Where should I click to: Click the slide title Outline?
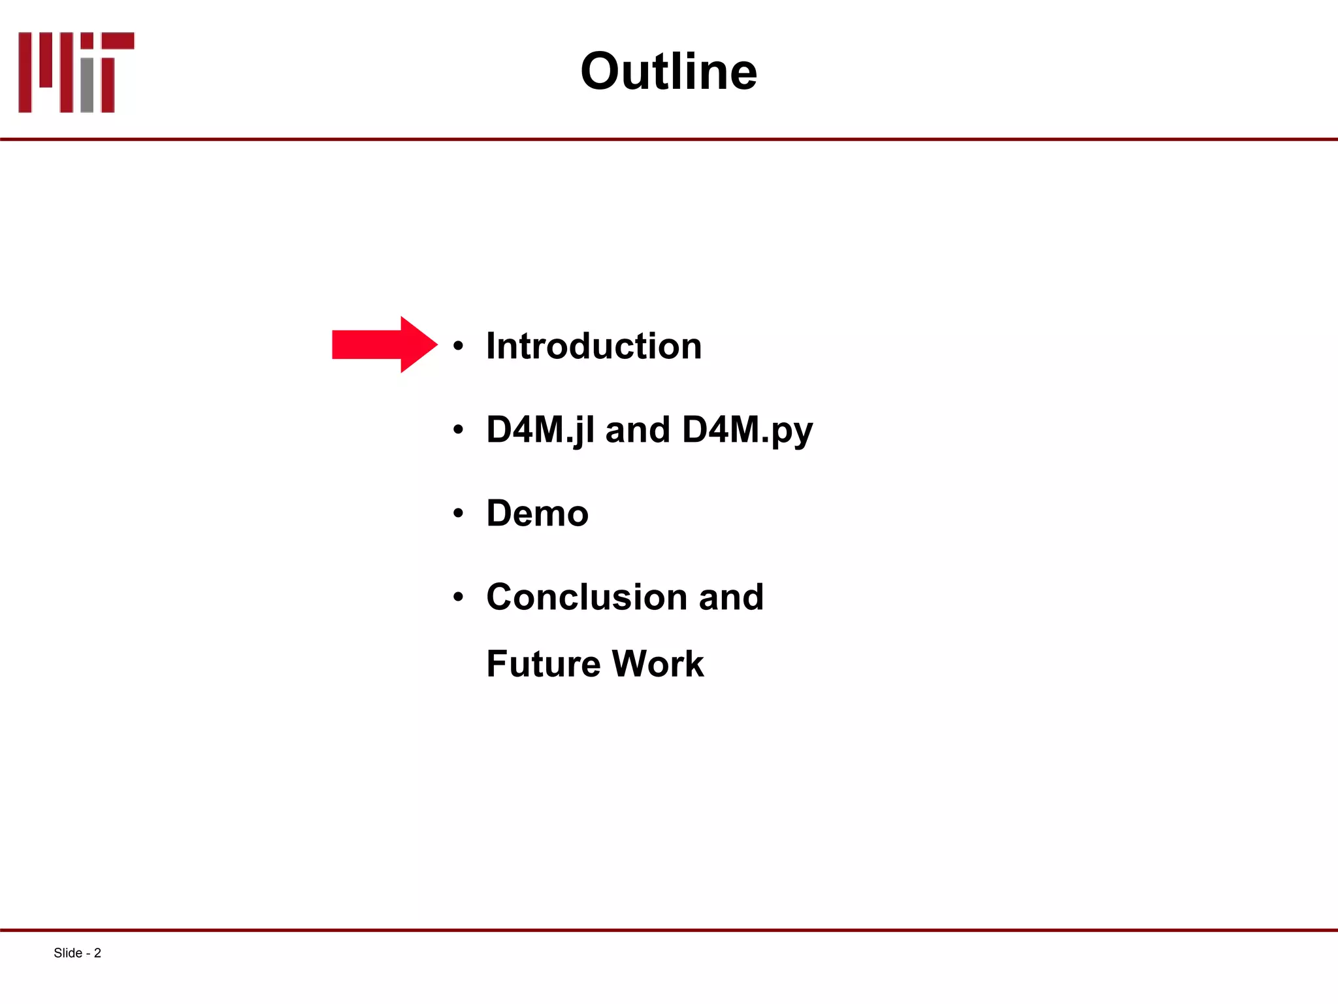668,71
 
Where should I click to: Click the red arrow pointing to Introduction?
382,344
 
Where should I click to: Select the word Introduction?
593,346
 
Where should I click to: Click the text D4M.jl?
540,430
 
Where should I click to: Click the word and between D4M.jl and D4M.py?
638,430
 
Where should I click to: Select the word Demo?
537,513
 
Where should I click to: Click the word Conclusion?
586,597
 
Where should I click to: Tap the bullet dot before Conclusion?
459,597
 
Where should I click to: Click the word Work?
658,664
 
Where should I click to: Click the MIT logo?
76,72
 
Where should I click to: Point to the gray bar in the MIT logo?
87,85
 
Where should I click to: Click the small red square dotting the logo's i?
87,41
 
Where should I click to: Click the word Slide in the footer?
67,953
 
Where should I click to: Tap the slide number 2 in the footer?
97,953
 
